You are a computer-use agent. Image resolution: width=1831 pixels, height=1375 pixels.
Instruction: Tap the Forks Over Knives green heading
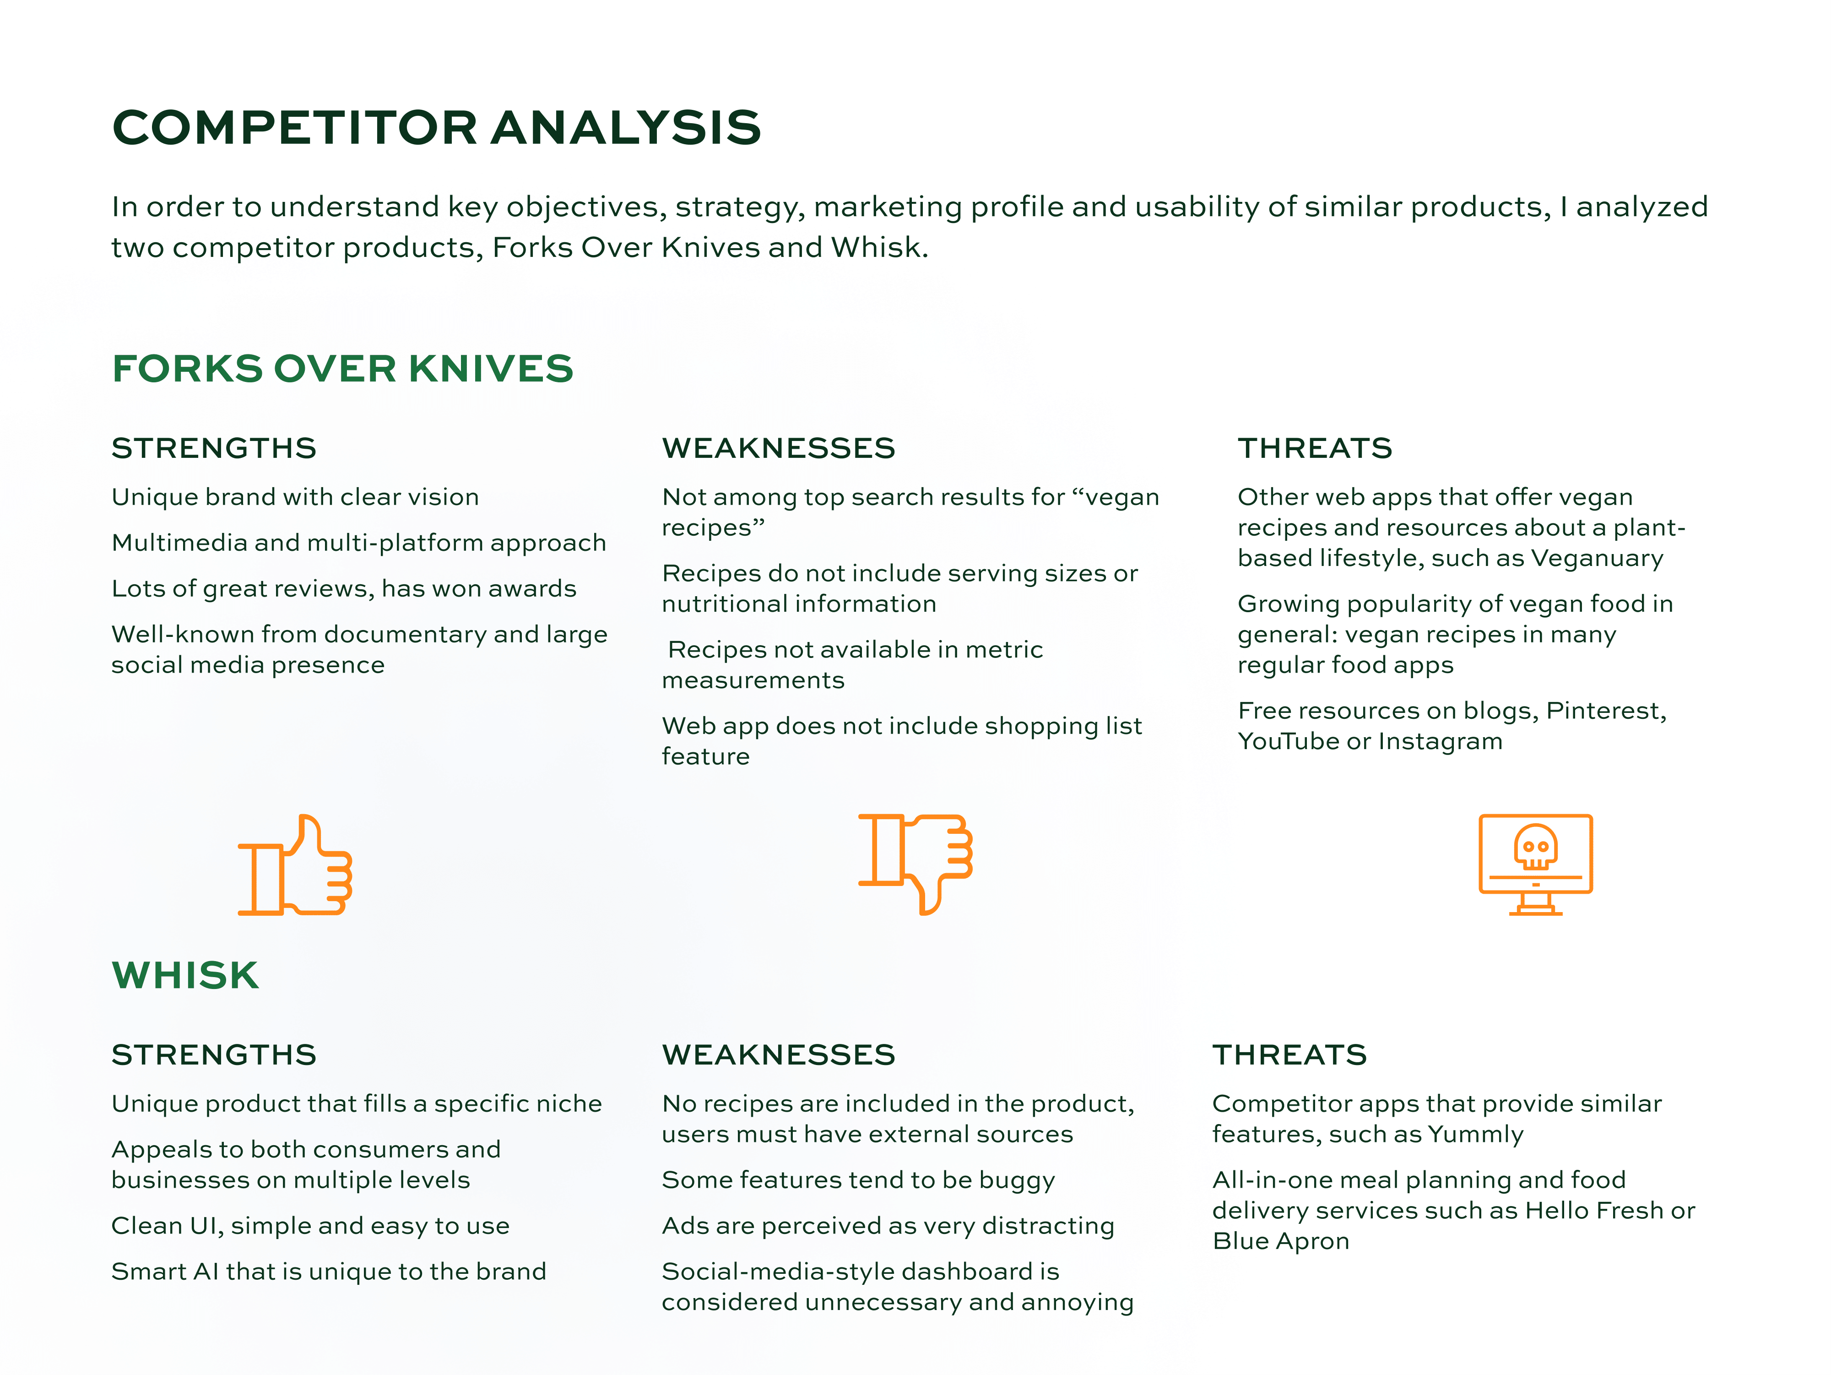tap(343, 369)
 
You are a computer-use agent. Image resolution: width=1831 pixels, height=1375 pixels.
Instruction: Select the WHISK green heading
tap(185, 975)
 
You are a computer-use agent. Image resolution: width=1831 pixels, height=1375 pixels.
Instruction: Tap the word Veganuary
tap(1597, 559)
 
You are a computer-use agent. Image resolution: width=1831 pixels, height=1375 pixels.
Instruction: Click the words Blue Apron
tap(1280, 1242)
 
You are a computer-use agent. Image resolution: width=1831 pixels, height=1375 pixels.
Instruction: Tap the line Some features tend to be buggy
tap(858, 1180)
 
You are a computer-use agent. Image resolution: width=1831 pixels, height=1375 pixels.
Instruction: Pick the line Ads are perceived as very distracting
tap(888, 1226)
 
